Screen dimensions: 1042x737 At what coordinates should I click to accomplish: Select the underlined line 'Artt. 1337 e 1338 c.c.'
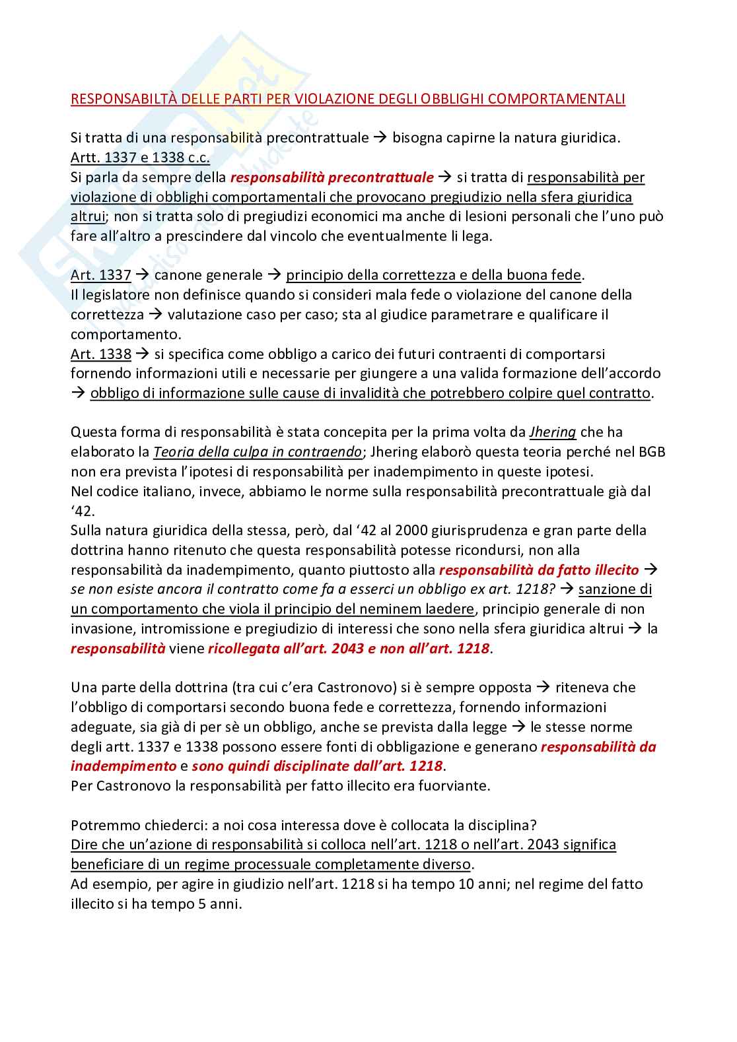click(x=140, y=158)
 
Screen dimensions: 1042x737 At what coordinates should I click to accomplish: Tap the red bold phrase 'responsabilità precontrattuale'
click(x=332, y=178)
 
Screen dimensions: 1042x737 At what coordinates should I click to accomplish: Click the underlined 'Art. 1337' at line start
click(x=100, y=275)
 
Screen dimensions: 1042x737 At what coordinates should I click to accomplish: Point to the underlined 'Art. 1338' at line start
click(x=100, y=354)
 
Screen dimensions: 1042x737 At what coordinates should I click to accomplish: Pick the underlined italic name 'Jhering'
click(x=553, y=432)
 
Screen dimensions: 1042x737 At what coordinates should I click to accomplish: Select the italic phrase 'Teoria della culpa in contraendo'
click(x=258, y=452)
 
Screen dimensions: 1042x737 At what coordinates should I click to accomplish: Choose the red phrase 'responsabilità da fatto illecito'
click(x=539, y=570)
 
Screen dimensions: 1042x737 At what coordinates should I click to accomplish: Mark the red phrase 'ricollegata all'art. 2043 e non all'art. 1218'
click(x=349, y=648)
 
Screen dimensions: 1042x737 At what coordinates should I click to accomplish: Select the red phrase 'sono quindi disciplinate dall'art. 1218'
click(x=317, y=766)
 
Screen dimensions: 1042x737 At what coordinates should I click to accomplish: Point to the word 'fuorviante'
click(x=455, y=786)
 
